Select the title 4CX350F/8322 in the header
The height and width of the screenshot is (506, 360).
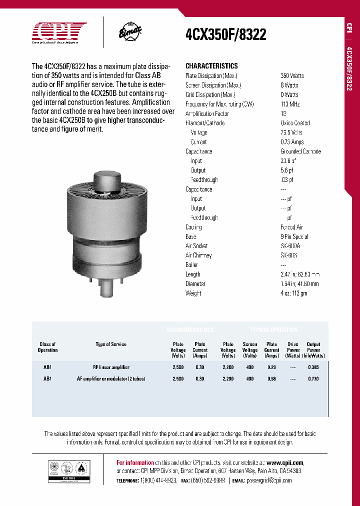(x=225, y=34)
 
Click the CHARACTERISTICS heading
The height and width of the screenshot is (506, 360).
(x=211, y=66)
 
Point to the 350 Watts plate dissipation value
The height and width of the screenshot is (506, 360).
(x=292, y=76)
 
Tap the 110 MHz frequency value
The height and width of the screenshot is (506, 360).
(x=291, y=104)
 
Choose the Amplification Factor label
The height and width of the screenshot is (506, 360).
(x=207, y=114)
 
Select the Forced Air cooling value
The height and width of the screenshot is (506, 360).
(x=291, y=227)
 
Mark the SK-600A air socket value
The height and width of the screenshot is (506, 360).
(x=290, y=246)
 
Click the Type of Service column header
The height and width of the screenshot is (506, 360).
(x=111, y=344)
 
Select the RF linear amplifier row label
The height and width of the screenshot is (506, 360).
(x=111, y=367)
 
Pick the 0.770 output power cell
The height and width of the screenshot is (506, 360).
(x=313, y=379)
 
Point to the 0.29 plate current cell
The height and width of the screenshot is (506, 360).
(x=271, y=367)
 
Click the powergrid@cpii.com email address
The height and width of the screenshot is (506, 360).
(x=269, y=480)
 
